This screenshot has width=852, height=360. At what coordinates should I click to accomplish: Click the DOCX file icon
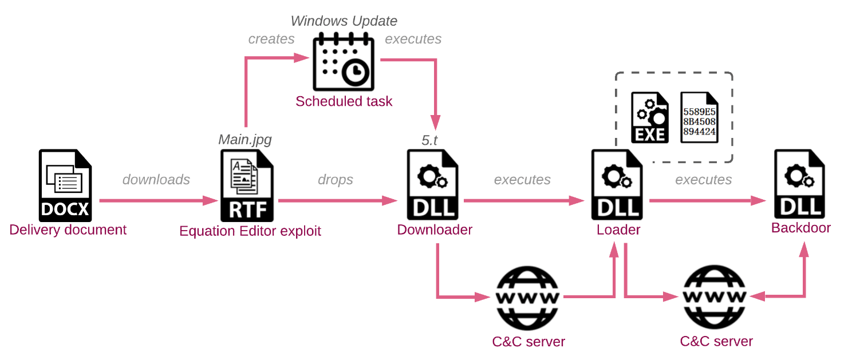pos(65,185)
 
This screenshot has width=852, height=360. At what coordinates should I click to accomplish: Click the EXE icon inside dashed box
pos(649,117)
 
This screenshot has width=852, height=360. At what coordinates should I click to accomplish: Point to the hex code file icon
pos(699,117)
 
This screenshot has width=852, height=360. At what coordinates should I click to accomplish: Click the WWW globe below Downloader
pos(526,297)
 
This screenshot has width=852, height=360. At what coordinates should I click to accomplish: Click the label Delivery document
pos(68,230)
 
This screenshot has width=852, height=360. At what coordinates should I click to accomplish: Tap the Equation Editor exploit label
pos(250,231)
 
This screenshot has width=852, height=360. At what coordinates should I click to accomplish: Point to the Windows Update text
pos(344,21)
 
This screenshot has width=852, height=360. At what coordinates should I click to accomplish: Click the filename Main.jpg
pos(245,140)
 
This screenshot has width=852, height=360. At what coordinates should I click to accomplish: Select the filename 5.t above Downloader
pos(429,140)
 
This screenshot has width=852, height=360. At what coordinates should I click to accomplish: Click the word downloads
pos(156,180)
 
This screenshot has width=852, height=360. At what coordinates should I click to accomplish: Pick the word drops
pos(336,180)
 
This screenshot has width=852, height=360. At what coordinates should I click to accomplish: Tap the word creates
pos(271,39)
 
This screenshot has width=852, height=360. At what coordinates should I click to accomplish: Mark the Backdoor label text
pos(800,228)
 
